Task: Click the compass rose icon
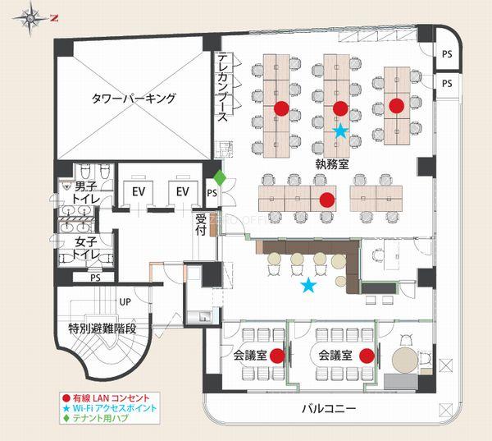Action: pyautogui.click(x=30, y=19)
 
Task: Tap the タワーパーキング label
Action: pyautogui.click(x=134, y=99)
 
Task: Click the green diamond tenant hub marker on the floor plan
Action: pyautogui.click(x=220, y=178)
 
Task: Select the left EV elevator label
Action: pyautogui.click(x=139, y=191)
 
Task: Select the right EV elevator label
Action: pyautogui.click(x=183, y=191)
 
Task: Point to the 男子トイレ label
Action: pyautogui.click(x=86, y=192)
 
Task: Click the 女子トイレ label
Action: pyautogui.click(x=86, y=248)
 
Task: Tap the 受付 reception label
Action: pyautogui.click(x=201, y=224)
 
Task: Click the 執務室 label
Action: pyautogui.click(x=332, y=164)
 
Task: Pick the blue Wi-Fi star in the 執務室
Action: pyautogui.click(x=340, y=131)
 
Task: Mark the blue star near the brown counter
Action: pyautogui.click(x=309, y=285)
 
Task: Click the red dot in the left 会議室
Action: pyautogui.click(x=277, y=356)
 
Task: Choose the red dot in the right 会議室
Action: pyautogui.click(x=367, y=356)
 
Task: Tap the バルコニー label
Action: pyautogui.click(x=329, y=409)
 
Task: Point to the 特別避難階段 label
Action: pyautogui.click(x=102, y=328)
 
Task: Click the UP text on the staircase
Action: pyautogui.click(x=125, y=302)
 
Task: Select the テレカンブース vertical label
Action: pyautogui.click(x=223, y=87)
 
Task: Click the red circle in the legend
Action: pyautogui.click(x=66, y=398)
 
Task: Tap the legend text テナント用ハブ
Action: pyautogui.click(x=100, y=418)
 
